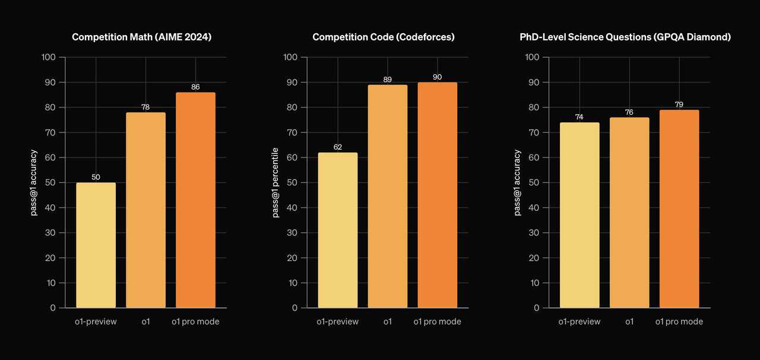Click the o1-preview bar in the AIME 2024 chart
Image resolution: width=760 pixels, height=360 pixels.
coord(96,245)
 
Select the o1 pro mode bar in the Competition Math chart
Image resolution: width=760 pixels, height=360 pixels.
coord(195,200)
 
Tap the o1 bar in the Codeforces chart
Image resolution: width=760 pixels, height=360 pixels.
coord(388,196)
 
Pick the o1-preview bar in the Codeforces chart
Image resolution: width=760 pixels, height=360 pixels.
coord(338,230)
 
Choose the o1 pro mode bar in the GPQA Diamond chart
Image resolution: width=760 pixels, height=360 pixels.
coord(679,209)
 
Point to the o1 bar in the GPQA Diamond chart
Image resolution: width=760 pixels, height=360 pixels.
coord(629,212)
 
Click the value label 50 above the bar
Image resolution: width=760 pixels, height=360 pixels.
coord(96,177)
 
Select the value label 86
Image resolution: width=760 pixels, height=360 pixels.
coord(195,87)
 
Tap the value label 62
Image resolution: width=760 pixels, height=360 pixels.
coord(338,147)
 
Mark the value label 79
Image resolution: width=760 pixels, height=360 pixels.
coord(679,105)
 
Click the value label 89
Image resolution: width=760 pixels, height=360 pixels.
coord(388,80)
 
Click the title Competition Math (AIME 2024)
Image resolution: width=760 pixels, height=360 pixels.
coord(142,37)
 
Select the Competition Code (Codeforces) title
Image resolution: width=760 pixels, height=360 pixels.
coord(384,37)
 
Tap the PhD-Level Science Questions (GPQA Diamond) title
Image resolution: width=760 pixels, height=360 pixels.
coord(625,37)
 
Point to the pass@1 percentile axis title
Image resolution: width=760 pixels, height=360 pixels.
coord(275,182)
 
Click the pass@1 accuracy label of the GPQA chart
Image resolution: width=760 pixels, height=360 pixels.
coord(518,182)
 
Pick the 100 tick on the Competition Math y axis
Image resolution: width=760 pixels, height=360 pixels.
coord(49,58)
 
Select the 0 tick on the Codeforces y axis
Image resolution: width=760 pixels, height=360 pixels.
coord(294,308)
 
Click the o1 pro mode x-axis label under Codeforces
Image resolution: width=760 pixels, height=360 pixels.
coord(437,321)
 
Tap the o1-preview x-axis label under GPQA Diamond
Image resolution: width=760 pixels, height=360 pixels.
coord(579,321)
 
